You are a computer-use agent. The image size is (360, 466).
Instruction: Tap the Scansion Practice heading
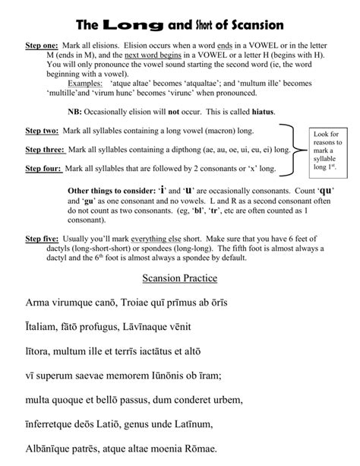[180, 277]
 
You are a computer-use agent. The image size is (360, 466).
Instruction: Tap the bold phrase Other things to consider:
[113, 189]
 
